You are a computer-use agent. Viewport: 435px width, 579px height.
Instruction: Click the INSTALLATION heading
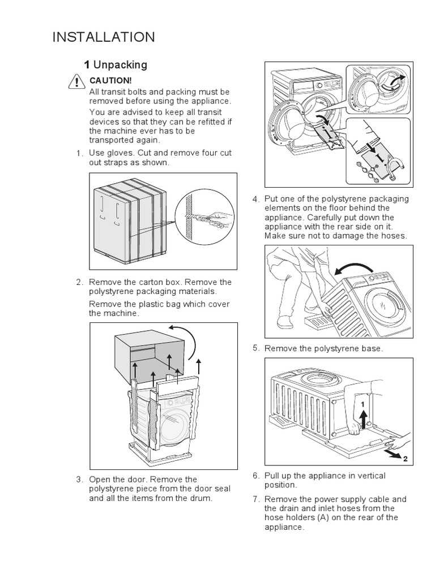pos(103,37)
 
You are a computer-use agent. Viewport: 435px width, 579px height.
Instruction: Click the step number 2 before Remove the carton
pos(79,282)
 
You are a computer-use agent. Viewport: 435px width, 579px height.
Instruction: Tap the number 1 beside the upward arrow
pos(359,405)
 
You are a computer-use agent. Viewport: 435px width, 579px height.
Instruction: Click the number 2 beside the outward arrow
pos(405,459)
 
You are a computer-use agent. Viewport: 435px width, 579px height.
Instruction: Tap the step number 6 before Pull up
pos(256,476)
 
